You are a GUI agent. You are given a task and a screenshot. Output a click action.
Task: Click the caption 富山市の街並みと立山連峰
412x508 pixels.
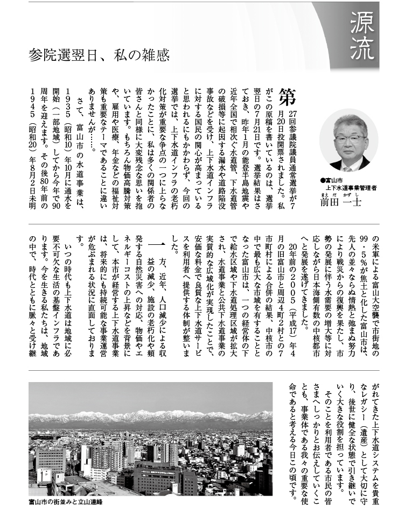pyautogui.click(x=65, y=502)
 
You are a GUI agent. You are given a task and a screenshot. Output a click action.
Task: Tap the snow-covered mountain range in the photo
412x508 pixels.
pyautogui.click(x=151, y=418)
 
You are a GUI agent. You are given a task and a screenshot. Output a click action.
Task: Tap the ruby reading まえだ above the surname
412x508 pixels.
pyautogui.click(x=324, y=194)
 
